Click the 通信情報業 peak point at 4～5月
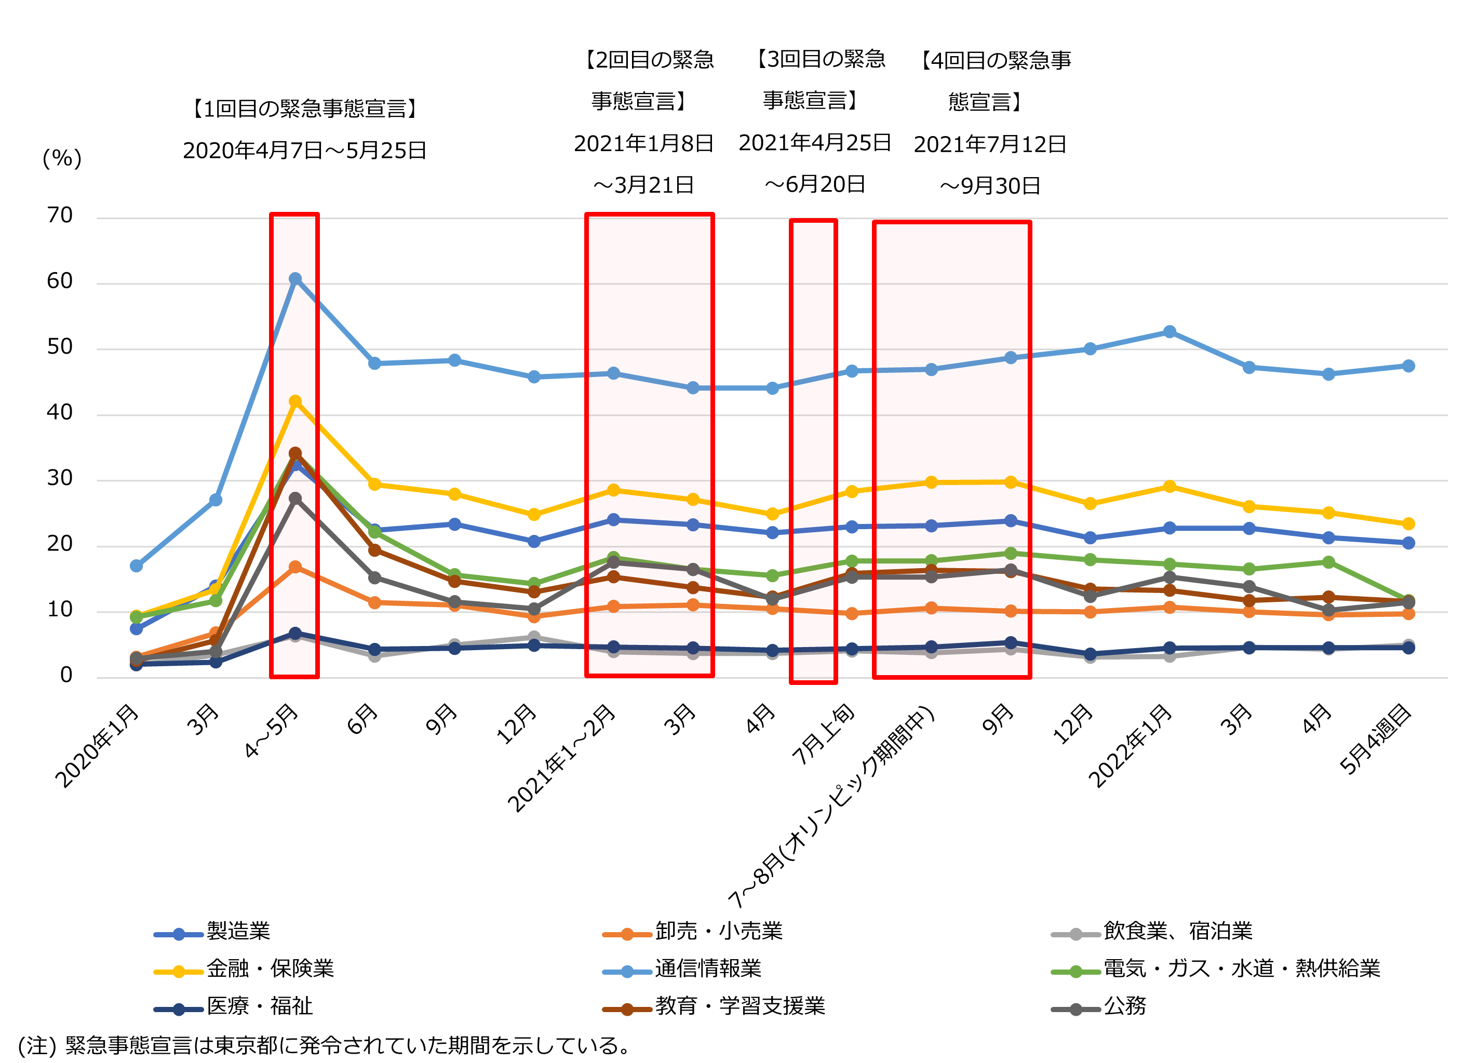pos(295,278)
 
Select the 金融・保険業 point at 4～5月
pos(295,401)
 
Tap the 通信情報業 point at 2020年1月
pos(136,566)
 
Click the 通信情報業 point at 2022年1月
pos(1169,332)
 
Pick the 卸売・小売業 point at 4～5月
pos(295,567)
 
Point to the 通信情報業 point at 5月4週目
pos(1408,366)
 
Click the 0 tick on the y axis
pos(66,675)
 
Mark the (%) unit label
pos(62,158)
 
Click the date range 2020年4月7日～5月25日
pos(304,151)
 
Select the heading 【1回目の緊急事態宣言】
pos(304,108)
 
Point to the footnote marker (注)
pos(36,1045)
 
